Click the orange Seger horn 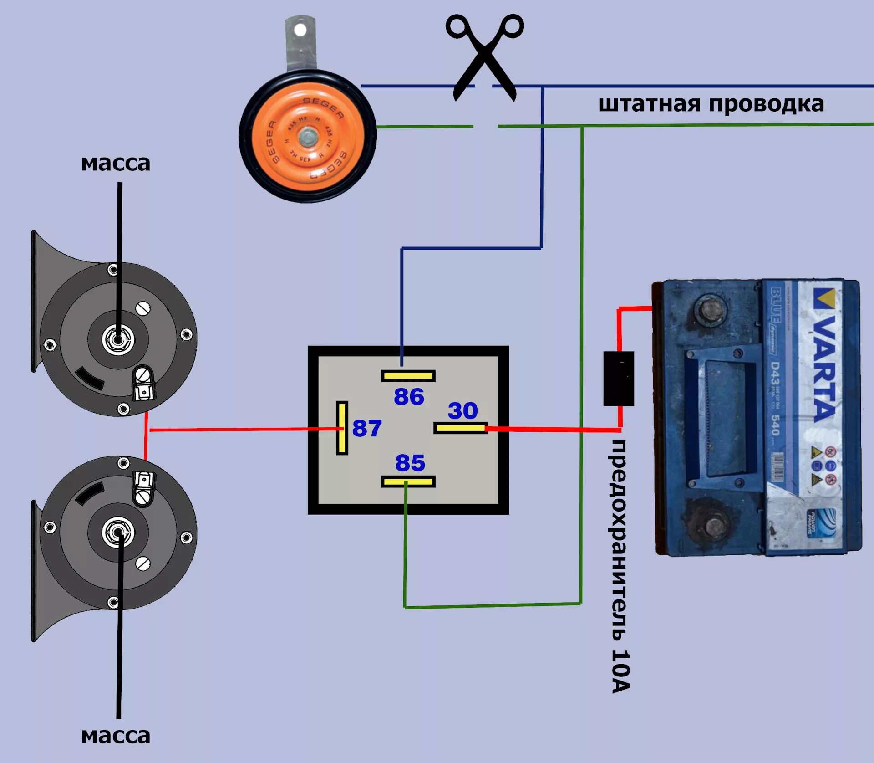[308, 137]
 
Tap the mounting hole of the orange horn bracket [300, 30]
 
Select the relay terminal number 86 [409, 396]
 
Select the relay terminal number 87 [367, 428]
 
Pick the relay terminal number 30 [462, 410]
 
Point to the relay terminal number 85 [410, 463]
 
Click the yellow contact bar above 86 [408, 376]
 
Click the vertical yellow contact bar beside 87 [342, 428]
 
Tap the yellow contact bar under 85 [408, 481]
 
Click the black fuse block [619, 378]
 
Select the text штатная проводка [711, 104]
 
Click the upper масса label [116, 163]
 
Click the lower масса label [116, 736]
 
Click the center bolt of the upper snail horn [118, 339]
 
